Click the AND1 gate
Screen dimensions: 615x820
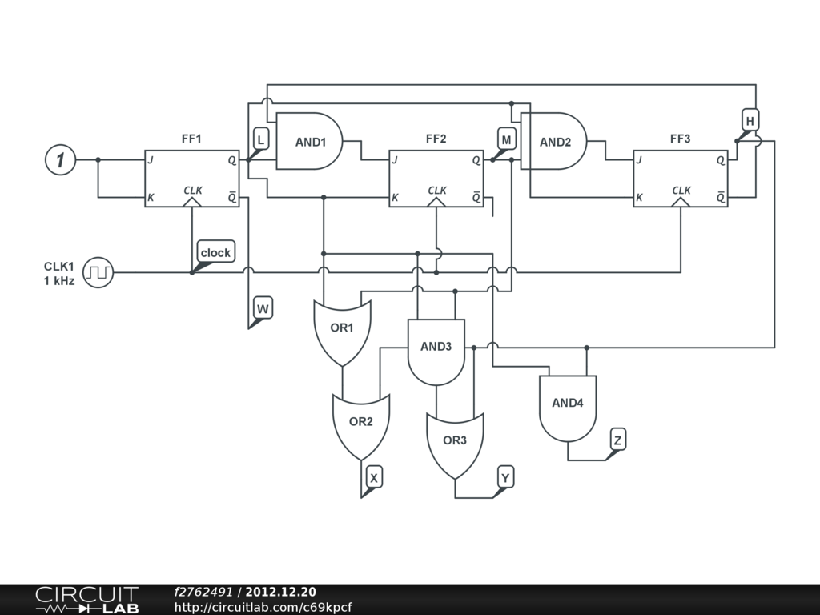[310, 142]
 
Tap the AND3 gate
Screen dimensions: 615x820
[436, 351]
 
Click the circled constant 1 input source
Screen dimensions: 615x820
[59, 160]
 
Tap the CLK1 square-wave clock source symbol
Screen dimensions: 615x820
[99, 272]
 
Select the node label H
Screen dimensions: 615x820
[750, 121]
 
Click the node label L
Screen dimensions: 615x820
[260, 139]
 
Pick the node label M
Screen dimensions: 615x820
[506, 139]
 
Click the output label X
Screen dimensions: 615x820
[374, 477]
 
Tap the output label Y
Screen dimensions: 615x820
[505, 477]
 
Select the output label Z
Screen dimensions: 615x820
[617, 439]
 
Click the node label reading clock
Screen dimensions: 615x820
[215, 252]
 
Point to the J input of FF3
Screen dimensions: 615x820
[639, 160]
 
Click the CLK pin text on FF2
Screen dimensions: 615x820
[437, 190]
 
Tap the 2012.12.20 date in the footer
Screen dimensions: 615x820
[280, 592]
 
